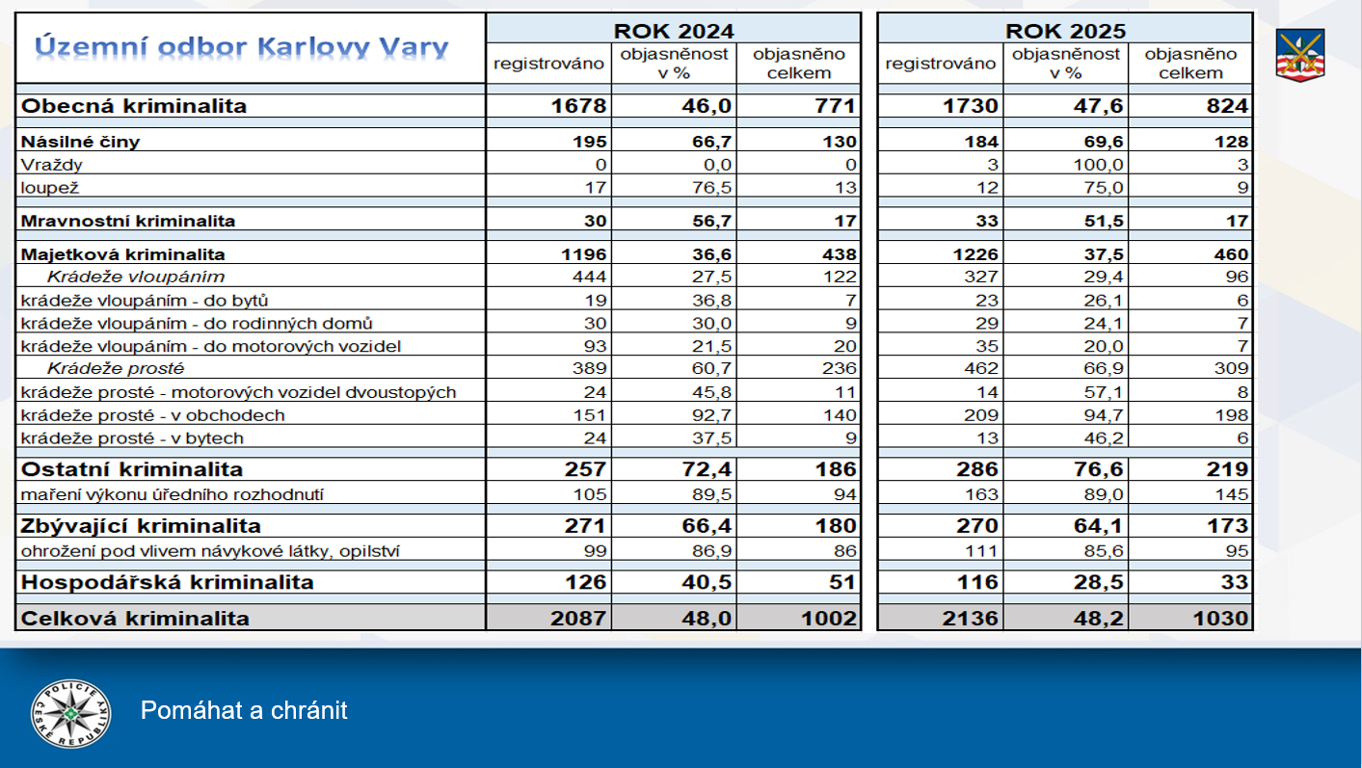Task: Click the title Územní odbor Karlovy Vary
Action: (x=241, y=47)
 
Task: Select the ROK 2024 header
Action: (x=673, y=30)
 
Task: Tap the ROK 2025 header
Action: (x=1065, y=30)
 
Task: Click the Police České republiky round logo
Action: (x=70, y=713)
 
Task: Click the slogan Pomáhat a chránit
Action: (x=244, y=711)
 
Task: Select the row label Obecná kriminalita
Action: (x=134, y=106)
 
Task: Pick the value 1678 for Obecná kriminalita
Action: (x=578, y=106)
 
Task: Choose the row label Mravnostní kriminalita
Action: (x=128, y=221)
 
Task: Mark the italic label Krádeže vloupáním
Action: (x=136, y=277)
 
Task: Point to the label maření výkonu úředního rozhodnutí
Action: (x=173, y=494)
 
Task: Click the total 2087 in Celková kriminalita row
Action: (x=578, y=619)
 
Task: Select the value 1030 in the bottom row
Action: (x=1219, y=619)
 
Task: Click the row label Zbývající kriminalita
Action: (x=142, y=526)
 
